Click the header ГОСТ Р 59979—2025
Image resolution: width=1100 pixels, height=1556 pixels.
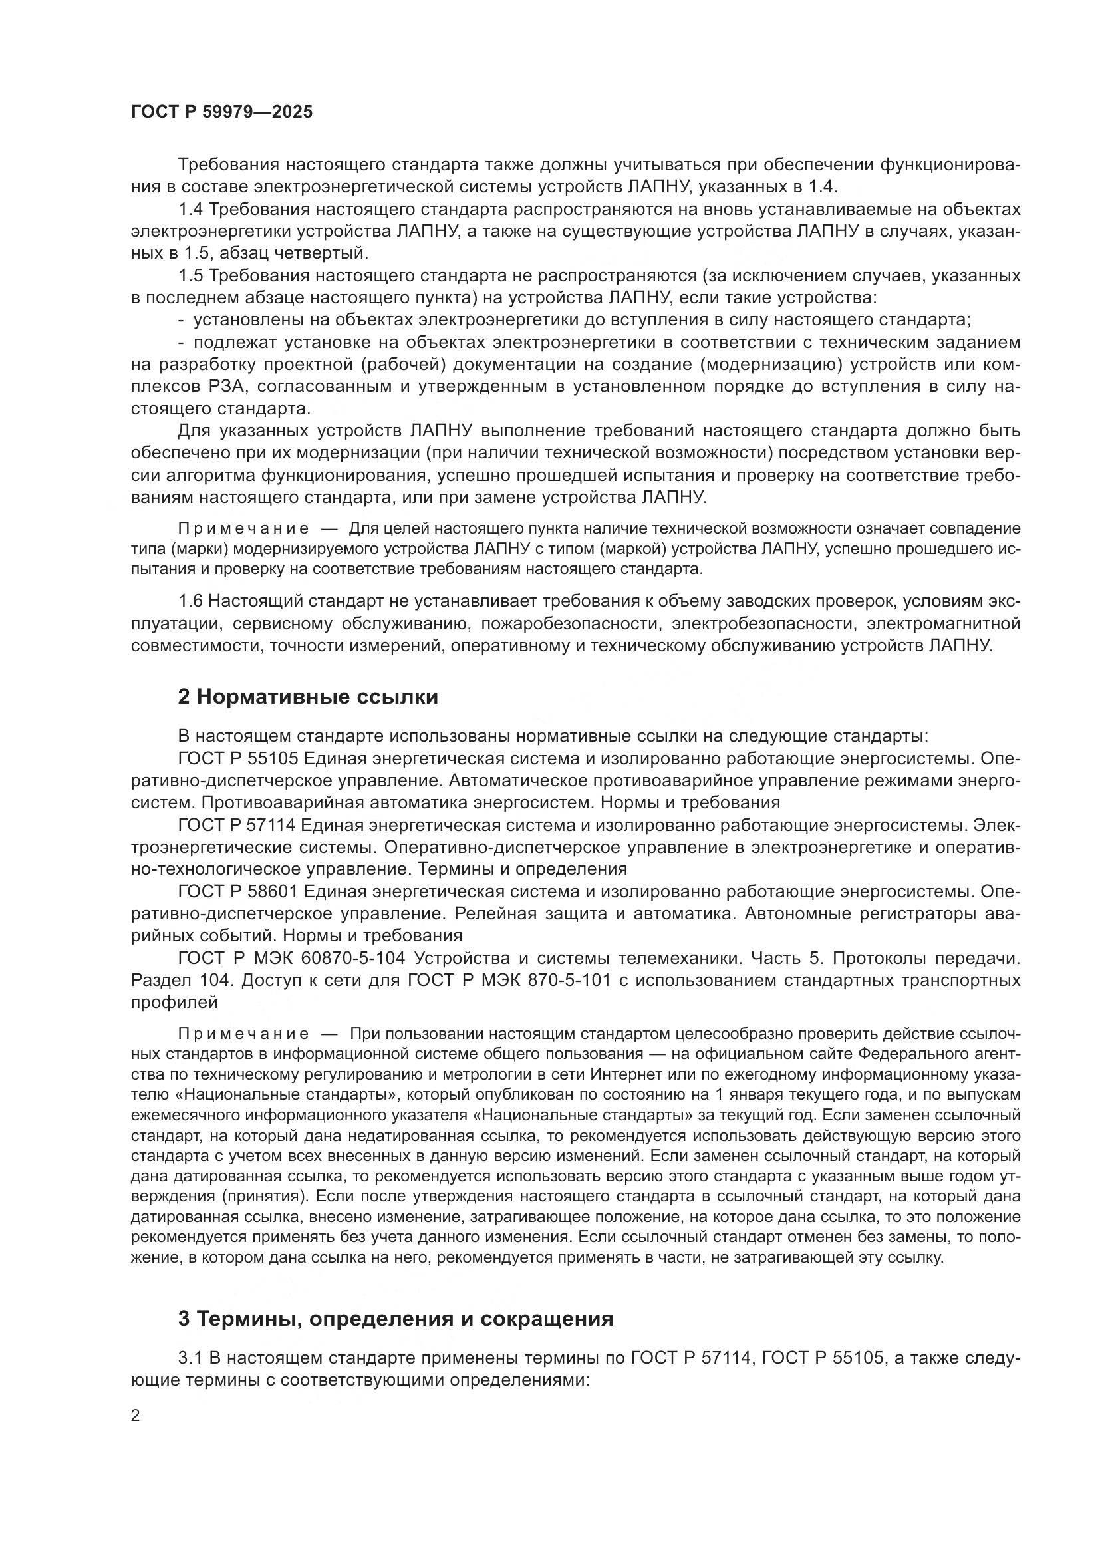point(221,112)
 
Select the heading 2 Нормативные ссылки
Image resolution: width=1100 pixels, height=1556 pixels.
point(307,697)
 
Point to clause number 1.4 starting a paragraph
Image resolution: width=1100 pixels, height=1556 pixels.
point(191,210)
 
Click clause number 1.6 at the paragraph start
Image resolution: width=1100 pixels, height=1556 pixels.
point(191,601)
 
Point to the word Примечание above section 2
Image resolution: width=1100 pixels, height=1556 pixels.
point(244,529)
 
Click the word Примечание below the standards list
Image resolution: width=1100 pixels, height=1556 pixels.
point(244,1034)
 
